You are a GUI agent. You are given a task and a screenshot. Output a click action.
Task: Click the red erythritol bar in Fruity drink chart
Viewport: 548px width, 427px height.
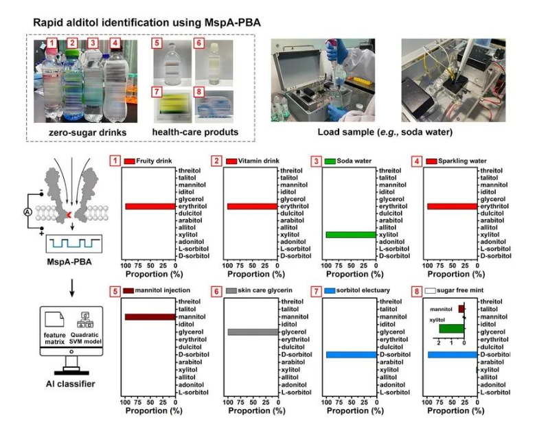150,206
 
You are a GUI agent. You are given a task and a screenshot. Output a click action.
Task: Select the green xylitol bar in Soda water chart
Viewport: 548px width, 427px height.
350,235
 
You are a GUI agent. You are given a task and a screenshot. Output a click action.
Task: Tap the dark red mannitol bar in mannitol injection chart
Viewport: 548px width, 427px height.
150,317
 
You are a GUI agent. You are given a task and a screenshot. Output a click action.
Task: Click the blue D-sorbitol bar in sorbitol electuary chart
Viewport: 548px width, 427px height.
350,355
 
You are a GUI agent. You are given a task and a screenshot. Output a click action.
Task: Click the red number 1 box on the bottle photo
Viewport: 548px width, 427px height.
51,46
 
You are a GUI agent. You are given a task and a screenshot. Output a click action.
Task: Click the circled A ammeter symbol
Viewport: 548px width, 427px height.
27,212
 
